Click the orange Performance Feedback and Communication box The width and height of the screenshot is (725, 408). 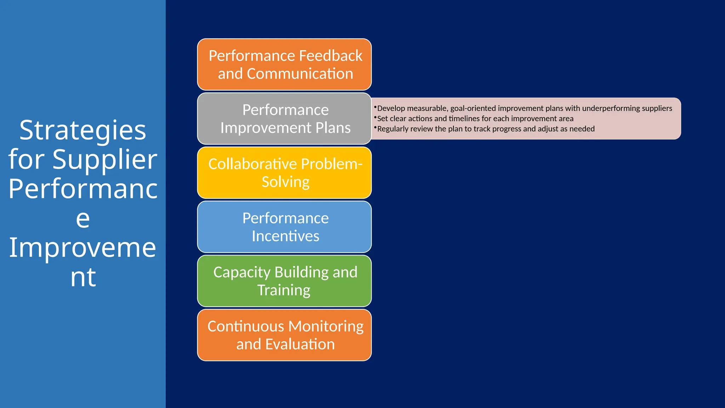[x=284, y=64]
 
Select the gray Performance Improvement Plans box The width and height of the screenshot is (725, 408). [x=284, y=119]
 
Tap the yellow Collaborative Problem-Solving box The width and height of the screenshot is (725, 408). [x=284, y=173]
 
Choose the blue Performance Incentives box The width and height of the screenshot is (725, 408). [x=284, y=227]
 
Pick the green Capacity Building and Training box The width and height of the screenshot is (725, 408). [x=284, y=281]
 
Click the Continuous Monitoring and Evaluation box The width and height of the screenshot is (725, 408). [x=284, y=335]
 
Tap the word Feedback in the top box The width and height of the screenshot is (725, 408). [x=331, y=56]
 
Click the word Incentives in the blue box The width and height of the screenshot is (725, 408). [x=285, y=236]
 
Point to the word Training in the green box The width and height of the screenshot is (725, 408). [x=284, y=290]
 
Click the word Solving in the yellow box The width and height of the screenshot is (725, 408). [x=285, y=182]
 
